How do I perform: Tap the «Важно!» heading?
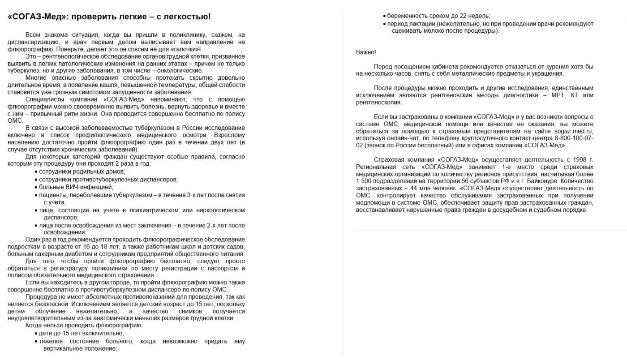coord(366,52)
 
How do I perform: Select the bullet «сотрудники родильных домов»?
coord(82,171)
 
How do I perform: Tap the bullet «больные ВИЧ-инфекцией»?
coord(76,187)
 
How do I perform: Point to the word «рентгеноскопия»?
coord(379,103)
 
